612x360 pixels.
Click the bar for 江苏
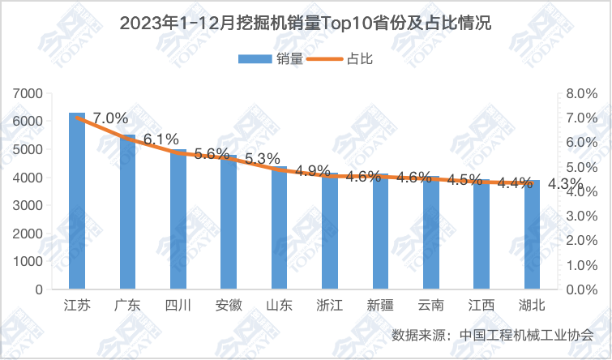(x=77, y=203)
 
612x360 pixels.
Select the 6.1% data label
(x=160, y=139)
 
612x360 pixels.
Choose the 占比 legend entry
(x=345, y=58)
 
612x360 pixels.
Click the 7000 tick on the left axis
(x=29, y=94)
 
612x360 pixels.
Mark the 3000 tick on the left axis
(x=29, y=206)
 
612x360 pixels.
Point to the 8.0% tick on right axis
(x=581, y=94)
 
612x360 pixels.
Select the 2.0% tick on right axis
(x=581, y=241)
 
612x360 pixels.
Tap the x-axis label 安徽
(x=229, y=306)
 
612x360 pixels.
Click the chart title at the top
(x=306, y=23)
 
